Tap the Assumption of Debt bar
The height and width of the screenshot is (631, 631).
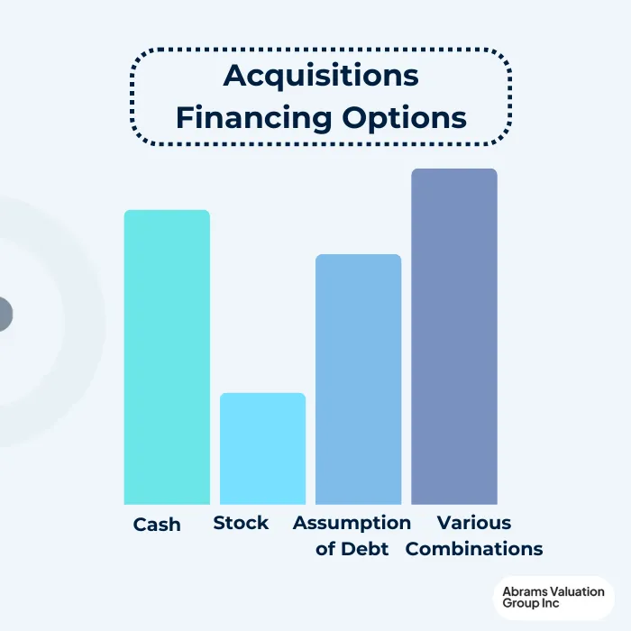[358, 380]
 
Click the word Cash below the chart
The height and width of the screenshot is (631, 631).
[157, 525]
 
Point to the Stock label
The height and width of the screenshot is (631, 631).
[241, 523]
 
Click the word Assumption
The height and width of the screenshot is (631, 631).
[352, 523]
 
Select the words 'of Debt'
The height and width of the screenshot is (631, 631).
[352, 549]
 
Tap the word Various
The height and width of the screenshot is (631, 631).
[474, 523]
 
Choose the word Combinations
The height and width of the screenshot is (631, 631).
[474, 549]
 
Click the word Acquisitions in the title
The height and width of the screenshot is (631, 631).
[321, 77]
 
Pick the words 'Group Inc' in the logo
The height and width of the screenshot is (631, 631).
[531, 604]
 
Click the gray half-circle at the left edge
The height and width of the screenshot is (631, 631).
[5, 314]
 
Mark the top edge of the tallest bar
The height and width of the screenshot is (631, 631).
[454, 169]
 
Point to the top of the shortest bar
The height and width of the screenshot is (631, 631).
[263, 394]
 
